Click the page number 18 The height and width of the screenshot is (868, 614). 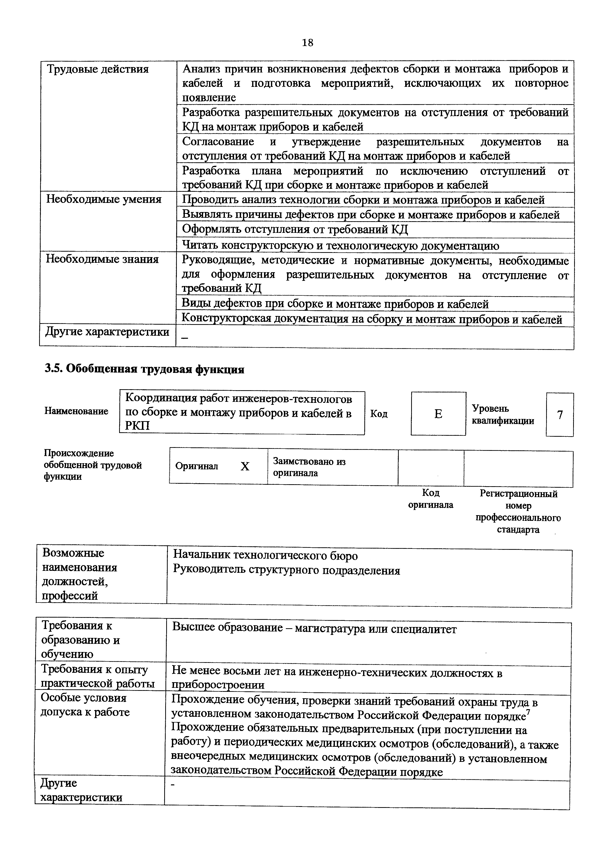tap(308, 43)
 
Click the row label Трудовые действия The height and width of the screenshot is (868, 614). tap(97, 70)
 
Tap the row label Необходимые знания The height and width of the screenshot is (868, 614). tap(102, 259)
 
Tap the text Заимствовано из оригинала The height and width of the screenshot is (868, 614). tap(309, 467)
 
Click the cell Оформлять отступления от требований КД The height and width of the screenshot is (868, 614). tap(295, 229)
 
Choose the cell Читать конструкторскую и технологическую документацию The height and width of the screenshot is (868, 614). tap(341, 246)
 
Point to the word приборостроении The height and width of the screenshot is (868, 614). tap(218, 685)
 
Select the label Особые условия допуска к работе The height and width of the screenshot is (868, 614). tap(85, 705)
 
